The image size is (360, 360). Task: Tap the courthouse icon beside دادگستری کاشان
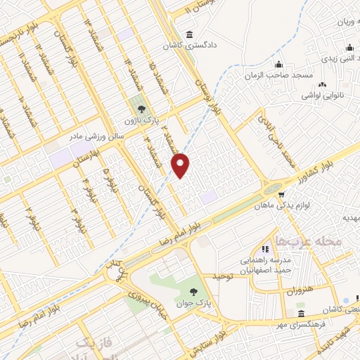[x=188, y=35]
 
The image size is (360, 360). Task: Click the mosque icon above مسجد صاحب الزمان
[x=278, y=64]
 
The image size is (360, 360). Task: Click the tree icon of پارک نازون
[x=142, y=108]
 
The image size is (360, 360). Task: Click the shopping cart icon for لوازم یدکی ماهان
[x=281, y=194]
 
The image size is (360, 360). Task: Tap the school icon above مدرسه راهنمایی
[x=265, y=248]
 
